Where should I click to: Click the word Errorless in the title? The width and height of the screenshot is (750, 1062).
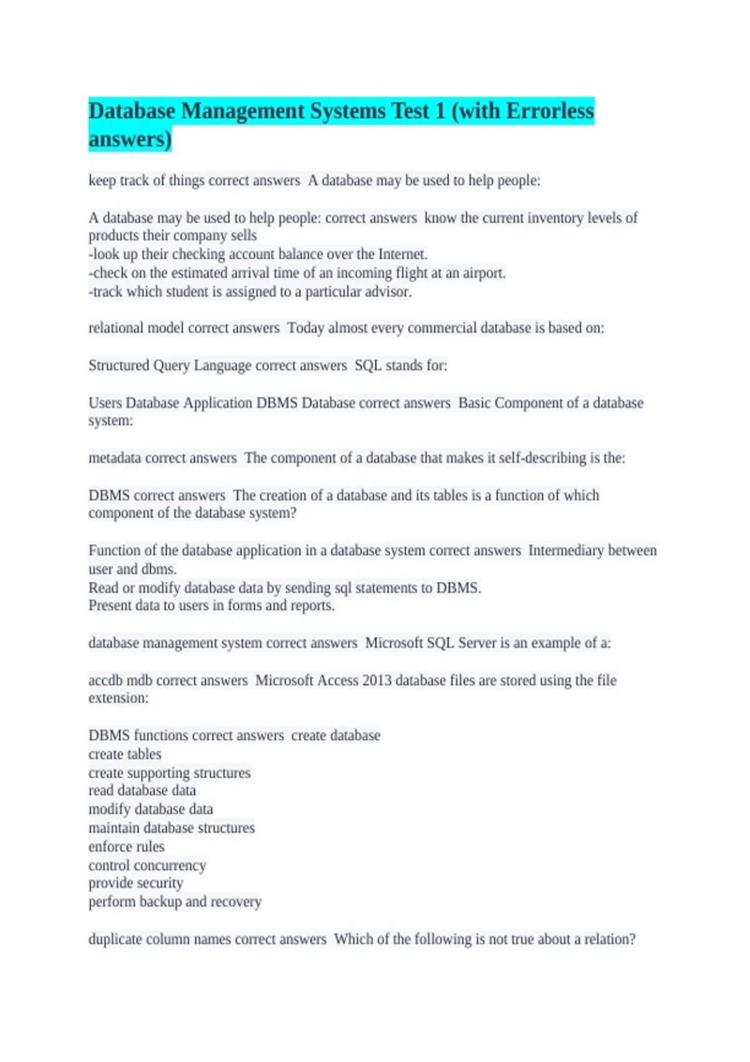click(x=550, y=111)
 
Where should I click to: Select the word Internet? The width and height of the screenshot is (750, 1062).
click(x=402, y=254)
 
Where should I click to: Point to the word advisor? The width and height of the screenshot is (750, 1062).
click(x=388, y=292)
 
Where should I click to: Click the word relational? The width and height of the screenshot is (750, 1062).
click(x=116, y=328)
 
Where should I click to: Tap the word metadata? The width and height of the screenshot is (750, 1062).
click(x=114, y=458)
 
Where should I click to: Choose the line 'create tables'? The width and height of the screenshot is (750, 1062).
click(x=125, y=754)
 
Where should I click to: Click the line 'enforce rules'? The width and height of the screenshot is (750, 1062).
click(x=126, y=846)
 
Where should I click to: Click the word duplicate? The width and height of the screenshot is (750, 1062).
click(x=115, y=939)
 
